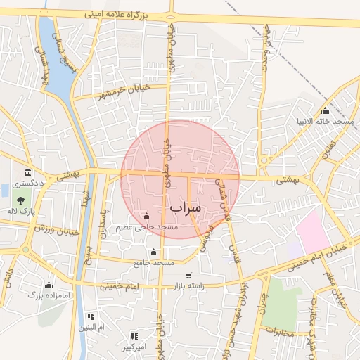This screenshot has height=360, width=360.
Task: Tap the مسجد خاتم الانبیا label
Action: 327,122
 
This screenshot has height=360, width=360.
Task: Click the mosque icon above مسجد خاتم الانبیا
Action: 325,111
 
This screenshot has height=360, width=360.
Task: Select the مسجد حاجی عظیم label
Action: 148,227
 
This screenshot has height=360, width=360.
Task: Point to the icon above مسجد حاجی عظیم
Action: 146,217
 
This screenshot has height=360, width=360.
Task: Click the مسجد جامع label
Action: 154,262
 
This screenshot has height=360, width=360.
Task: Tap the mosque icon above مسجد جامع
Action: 154,252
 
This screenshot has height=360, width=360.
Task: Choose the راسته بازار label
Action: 188,286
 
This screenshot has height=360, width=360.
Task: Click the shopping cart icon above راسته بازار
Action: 188,276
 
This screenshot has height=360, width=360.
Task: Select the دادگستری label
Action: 27,183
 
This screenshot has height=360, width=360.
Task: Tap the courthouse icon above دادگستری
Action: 27,173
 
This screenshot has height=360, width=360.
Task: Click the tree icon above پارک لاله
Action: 27,201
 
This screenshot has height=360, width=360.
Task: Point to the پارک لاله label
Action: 27,211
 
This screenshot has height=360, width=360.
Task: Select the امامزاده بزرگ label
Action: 49,295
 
